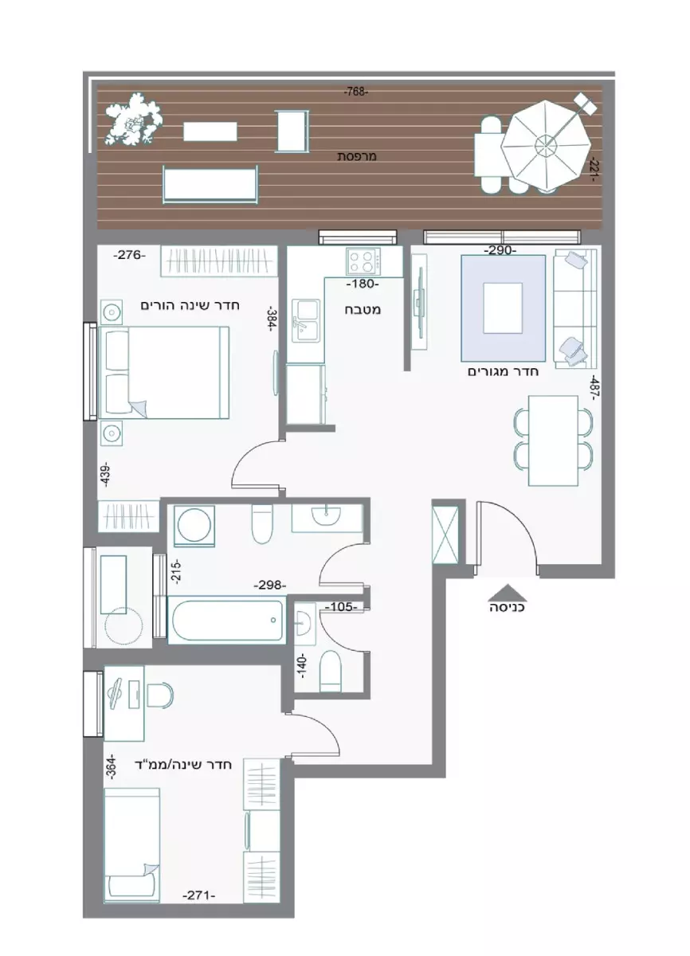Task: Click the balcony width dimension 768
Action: (x=355, y=92)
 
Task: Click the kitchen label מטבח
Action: (x=363, y=310)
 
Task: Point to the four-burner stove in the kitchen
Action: (x=364, y=261)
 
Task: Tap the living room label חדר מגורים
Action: (x=503, y=371)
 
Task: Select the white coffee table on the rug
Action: (x=503, y=308)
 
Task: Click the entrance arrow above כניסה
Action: (x=507, y=593)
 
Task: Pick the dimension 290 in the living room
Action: (x=500, y=250)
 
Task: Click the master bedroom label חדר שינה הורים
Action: (x=190, y=306)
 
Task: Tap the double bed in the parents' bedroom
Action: (x=164, y=373)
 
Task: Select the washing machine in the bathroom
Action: (x=194, y=526)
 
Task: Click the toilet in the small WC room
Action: (x=331, y=671)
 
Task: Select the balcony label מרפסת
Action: (x=357, y=157)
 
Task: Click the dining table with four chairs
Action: (x=553, y=441)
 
